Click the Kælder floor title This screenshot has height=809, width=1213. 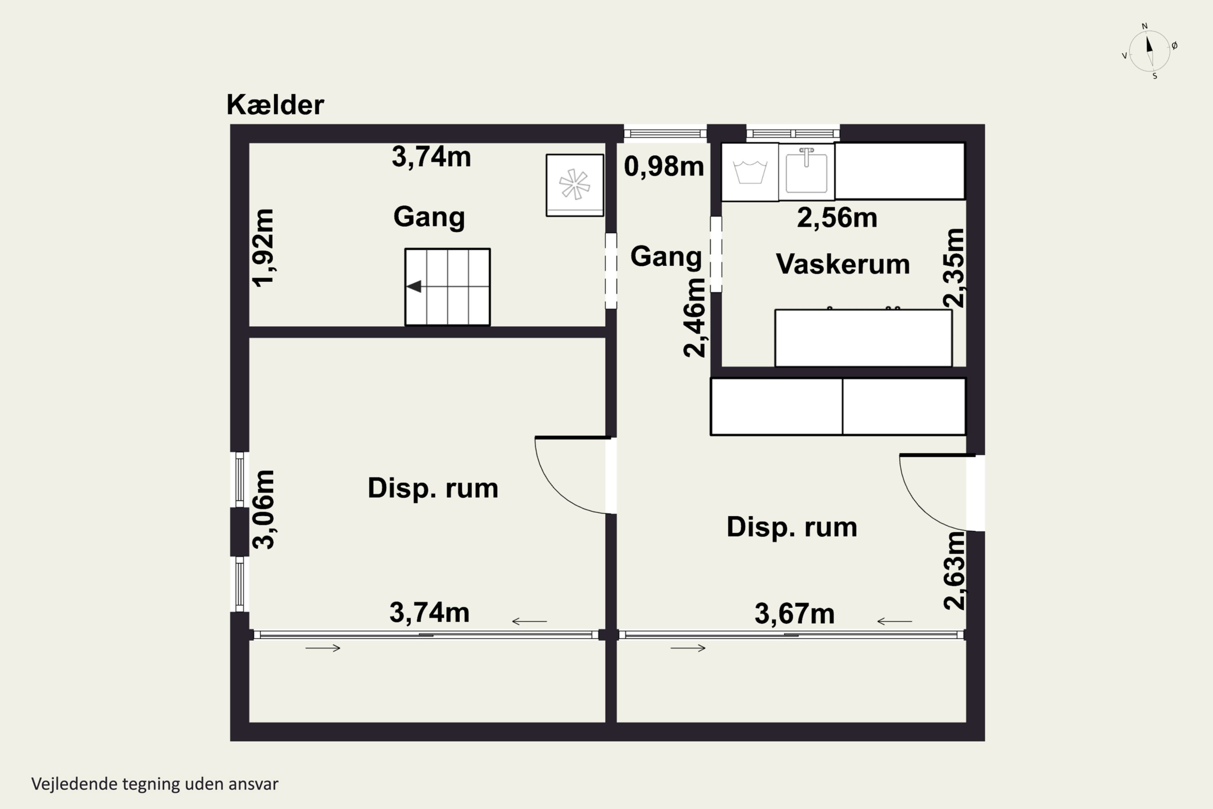point(275,105)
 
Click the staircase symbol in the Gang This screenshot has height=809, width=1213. point(447,287)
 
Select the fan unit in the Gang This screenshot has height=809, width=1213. point(575,185)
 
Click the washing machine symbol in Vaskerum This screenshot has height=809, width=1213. point(749,172)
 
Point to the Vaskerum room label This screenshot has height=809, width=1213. point(843,264)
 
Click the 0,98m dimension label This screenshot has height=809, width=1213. point(664,167)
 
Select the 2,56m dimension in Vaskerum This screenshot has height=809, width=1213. point(837,218)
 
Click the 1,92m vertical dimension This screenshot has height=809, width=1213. point(263,248)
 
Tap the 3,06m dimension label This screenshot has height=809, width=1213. point(263,509)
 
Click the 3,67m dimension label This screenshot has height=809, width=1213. point(794,614)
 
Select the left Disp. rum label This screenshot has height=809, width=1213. point(433,488)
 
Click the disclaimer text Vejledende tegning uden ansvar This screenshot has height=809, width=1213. point(155,784)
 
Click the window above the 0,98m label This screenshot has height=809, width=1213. point(665,133)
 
